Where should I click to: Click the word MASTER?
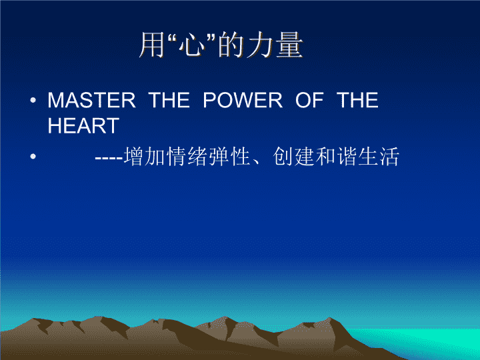click(91, 100)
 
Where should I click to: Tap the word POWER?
click(243, 100)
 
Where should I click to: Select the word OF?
click(309, 100)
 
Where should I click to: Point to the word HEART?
click(83, 125)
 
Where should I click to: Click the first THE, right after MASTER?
click(169, 100)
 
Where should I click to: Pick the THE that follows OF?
click(357, 100)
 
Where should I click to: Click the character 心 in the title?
click(192, 45)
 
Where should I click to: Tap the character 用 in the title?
click(152, 45)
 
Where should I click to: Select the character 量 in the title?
click(289, 45)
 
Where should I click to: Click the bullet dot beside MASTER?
click(33, 100)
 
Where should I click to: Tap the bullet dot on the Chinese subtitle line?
click(33, 157)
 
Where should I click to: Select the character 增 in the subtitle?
click(134, 157)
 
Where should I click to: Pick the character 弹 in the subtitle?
click(219, 157)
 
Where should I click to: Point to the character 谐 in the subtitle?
click(347, 157)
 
